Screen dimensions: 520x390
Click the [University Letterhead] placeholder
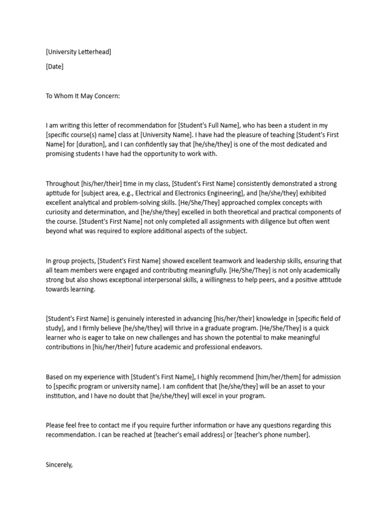pos(78,51)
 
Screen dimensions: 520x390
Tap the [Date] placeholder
pos(54,66)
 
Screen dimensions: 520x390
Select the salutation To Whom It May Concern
pos(83,96)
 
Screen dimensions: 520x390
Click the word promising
pos(62,154)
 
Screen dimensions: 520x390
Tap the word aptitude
pos(58,193)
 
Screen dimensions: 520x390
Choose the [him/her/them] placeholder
pos(276,377)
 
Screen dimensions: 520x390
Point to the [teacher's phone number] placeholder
pos(271,435)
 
